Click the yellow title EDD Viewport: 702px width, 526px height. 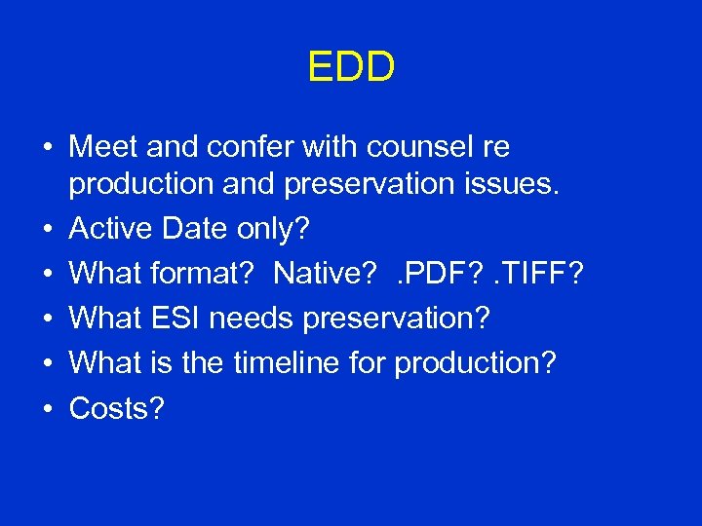click(x=351, y=67)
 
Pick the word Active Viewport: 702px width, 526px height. click(x=110, y=229)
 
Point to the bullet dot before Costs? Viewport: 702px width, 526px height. click(x=47, y=409)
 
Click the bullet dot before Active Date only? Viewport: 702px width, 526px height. click(x=47, y=230)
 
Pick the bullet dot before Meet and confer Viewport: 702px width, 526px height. click(x=47, y=149)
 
